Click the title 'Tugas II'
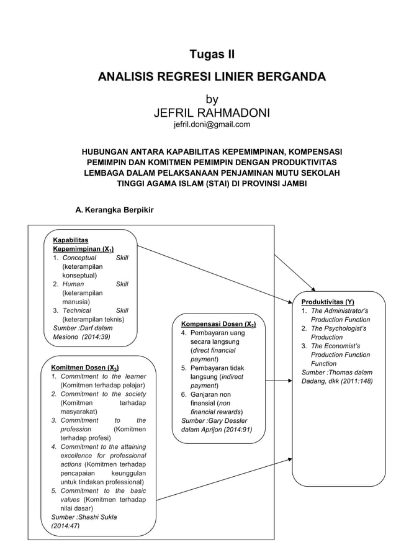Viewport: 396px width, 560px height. (x=212, y=55)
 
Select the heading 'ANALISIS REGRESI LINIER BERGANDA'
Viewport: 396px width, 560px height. (x=212, y=77)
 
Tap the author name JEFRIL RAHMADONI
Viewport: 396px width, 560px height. (x=212, y=112)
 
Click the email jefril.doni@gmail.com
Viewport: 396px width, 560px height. (x=212, y=125)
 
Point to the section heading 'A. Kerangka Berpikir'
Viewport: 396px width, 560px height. (x=114, y=210)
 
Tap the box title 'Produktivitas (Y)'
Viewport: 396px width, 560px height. (x=328, y=301)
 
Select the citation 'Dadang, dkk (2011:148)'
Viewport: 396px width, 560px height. (x=337, y=381)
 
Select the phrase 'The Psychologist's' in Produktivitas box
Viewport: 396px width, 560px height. (x=339, y=328)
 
